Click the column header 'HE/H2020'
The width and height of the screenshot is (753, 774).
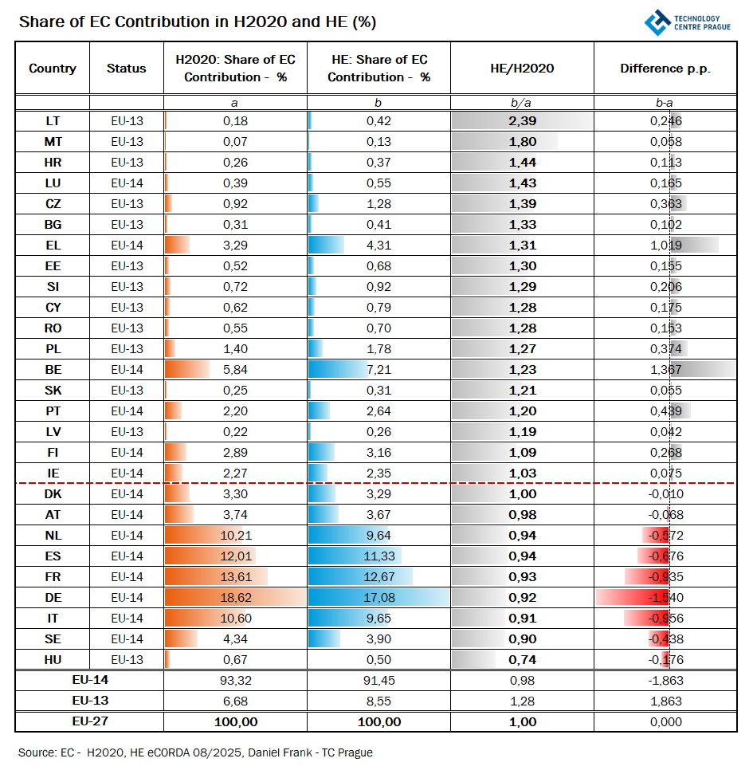522,69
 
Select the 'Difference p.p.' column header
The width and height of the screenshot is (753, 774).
665,69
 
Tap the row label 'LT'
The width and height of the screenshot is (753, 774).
53,121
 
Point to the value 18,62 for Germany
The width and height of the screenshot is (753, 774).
235,598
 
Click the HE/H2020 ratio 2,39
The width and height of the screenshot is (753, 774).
523,121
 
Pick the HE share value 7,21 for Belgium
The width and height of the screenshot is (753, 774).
378,370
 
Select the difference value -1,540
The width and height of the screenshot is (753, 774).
665,598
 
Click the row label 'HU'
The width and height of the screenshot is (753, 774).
53,660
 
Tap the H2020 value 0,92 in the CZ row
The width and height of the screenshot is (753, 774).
235,204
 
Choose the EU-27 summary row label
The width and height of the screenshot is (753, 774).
90,722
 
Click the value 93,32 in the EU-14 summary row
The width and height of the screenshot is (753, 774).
235,681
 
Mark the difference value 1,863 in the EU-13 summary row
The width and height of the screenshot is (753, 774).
665,701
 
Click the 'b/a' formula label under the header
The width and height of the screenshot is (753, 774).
522,103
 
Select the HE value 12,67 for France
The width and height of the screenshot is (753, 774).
378,577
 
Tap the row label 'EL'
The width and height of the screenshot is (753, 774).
53,246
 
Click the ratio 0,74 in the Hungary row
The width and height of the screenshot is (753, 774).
523,660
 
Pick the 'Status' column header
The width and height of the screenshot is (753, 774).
127,69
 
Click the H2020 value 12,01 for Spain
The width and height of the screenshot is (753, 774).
235,556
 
